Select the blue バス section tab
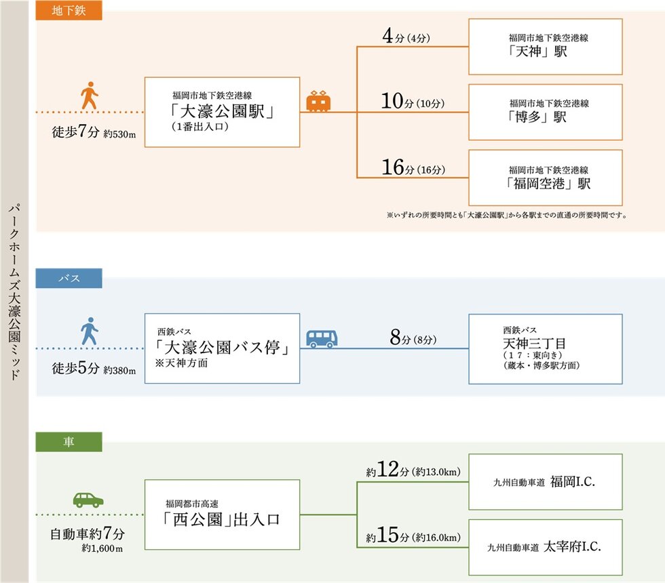(x=68, y=278)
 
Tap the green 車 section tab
(x=68, y=442)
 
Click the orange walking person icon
(x=89, y=96)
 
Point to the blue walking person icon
(x=89, y=331)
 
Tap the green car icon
(x=88, y=500)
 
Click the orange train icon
(x=318, y=102)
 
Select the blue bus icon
(x=321, y=338)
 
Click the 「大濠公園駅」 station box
(x=222, y=112)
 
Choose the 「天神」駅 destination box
(x=545, y=46)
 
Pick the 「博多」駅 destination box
(x=545, y=112)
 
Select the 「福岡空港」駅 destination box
(x=545, y=178)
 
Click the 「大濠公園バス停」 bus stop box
(x=222, y=348)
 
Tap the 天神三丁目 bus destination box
(x=545, y=348)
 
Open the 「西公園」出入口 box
(x=222, y=515)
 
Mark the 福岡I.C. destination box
(x=545, y=482)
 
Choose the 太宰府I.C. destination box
(x=545, y=547)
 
